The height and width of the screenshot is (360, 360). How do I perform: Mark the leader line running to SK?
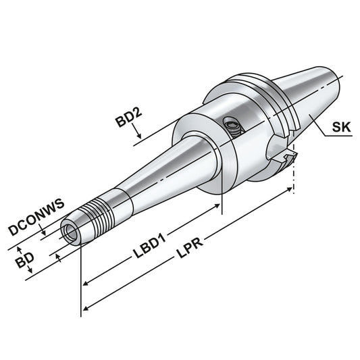click(x=324, y=131)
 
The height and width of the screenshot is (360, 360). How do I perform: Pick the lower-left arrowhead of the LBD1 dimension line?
click(x=85, y=284)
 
